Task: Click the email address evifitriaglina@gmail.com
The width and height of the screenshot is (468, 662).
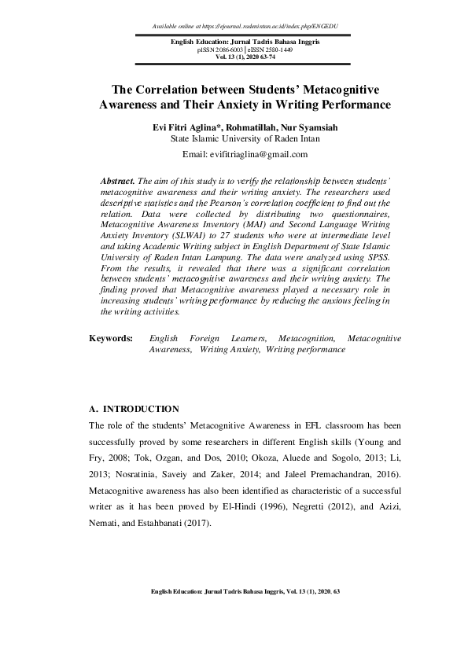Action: coord(250,154)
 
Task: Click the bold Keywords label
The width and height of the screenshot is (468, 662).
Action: coord(111,360)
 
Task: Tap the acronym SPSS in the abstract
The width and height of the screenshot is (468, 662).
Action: coord(366,256)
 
